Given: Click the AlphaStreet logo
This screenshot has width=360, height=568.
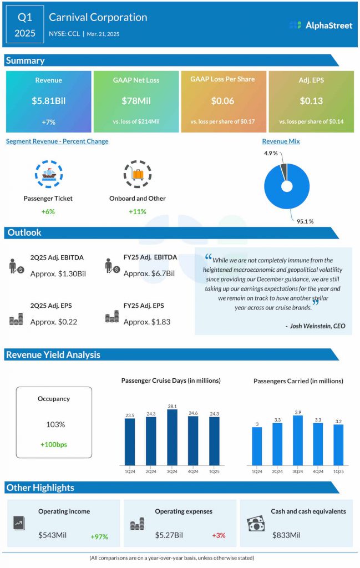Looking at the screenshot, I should pos(321,25).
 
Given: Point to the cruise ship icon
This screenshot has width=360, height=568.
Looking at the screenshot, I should pos(48,174).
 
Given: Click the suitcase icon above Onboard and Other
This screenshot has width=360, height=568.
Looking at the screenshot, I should pos(137,174).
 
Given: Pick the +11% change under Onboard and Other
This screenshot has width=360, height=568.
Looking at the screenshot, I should pos(137,211).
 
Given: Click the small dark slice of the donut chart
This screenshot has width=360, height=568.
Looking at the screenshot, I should pos(285,171).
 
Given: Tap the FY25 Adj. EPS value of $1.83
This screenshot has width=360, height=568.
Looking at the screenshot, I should pos(139,322).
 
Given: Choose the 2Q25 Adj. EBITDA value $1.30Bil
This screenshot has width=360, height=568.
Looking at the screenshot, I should pos(58,273).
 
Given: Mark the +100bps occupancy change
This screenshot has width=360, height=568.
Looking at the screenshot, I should pos(54,444).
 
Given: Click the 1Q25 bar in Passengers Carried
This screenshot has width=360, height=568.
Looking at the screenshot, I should pos(338,444).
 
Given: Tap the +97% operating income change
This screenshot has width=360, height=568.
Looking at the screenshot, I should pos(99,536).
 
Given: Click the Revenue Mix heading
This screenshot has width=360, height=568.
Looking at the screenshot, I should pos(281,141).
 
